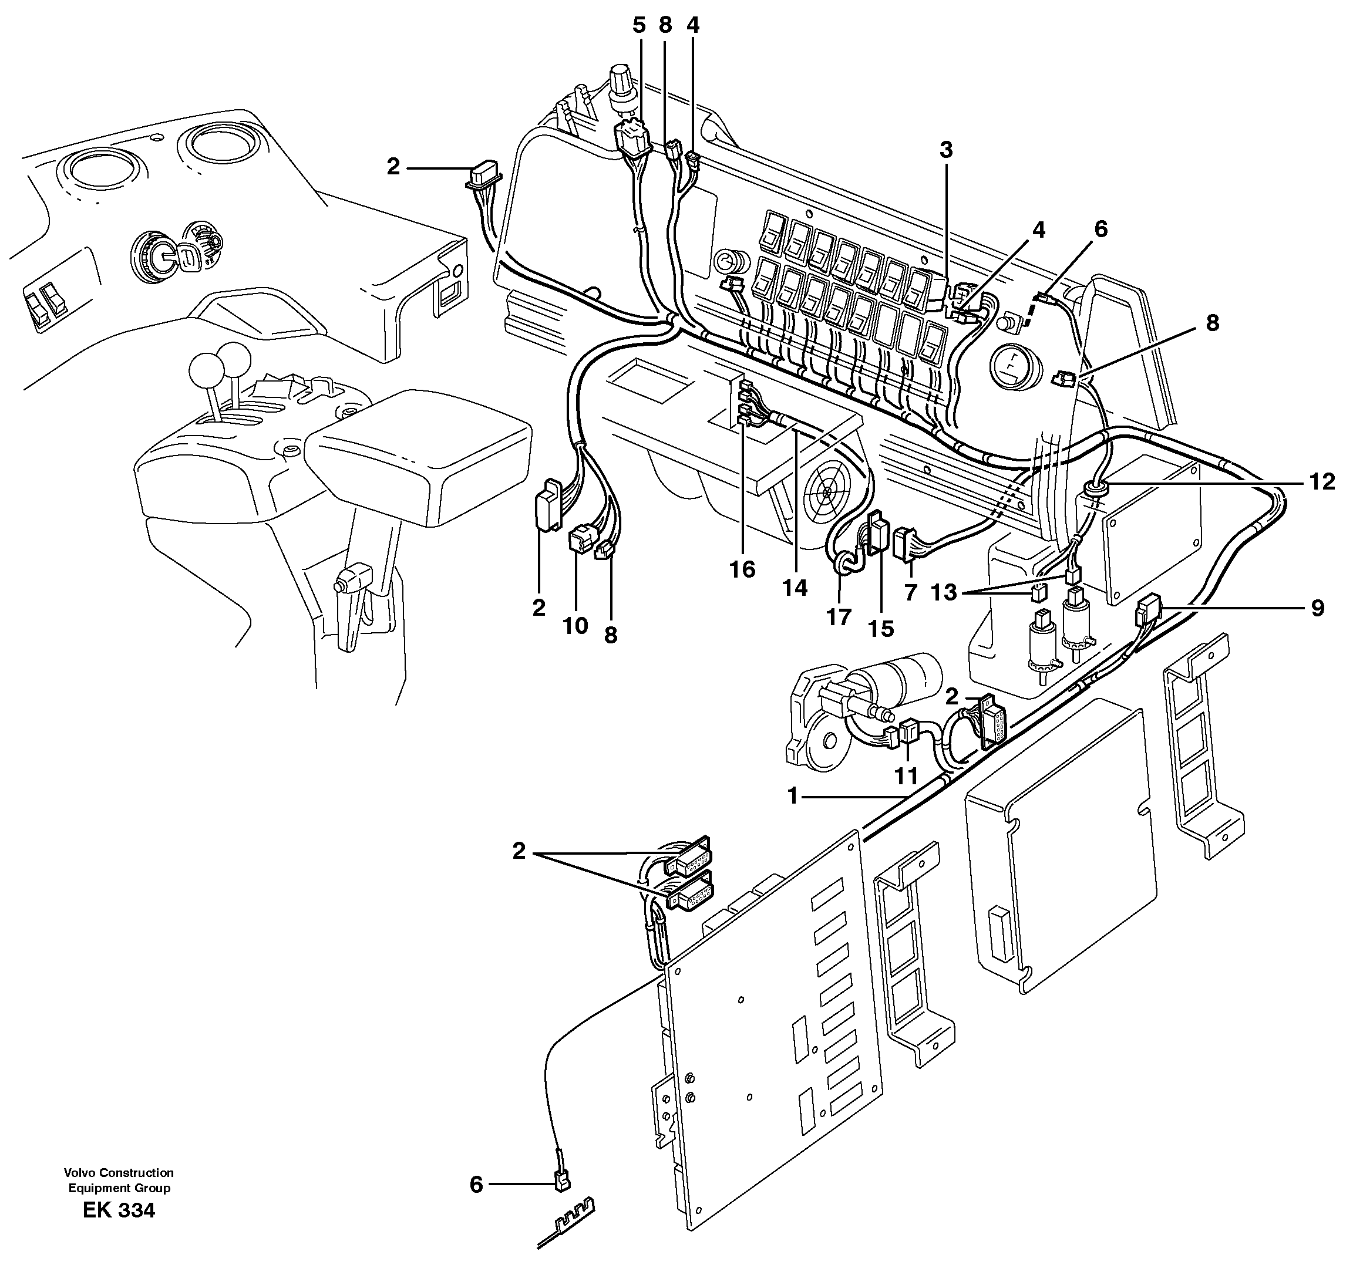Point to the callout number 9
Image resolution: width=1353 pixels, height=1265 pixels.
(x=1317, y=608)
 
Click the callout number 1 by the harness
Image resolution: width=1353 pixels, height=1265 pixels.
(x=792, y=795)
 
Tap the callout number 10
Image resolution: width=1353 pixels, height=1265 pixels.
(x=575, y=625)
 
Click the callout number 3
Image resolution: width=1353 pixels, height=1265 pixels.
(x=946, y=150)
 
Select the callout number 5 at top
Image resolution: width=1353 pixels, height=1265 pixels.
(x=638, y=26)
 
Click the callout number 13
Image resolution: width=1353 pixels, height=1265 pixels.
(x=943, y=593)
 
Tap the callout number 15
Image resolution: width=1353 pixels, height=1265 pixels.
(x=881, y=629)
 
